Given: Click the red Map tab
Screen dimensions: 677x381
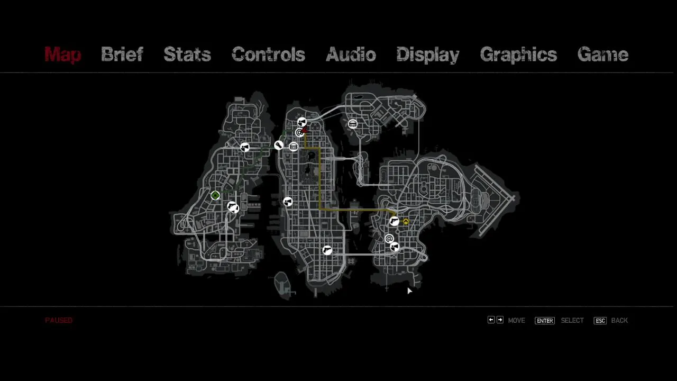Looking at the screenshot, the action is tap(63, 55).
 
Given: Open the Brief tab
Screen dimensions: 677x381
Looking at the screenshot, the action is tap(122, 55).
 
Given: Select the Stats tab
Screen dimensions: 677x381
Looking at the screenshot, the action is tap(187, 55).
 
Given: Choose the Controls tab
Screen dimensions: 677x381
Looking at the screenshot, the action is tap(268, 55).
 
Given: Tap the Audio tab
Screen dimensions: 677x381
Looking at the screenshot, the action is tap(351, 55).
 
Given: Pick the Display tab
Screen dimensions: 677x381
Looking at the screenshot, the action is tap(428, 55).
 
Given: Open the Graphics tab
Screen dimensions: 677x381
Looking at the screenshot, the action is tap(519, 55).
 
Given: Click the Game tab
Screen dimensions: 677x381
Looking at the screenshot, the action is tap(603, 55).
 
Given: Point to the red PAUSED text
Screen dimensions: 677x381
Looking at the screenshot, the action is tap(59, 320).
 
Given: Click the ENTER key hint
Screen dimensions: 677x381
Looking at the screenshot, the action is tap(545, 321).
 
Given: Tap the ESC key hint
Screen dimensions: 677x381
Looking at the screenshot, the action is tap(600, 321).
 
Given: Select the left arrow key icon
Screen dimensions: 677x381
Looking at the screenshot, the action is tap(491, 320).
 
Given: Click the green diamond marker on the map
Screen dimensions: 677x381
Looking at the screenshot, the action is tap(215, 195).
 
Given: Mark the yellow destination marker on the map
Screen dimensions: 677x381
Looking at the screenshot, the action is tap(406, 222).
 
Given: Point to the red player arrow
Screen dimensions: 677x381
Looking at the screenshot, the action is tap(305, 130).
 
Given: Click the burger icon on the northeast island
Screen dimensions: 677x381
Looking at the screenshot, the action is tap(352, 124).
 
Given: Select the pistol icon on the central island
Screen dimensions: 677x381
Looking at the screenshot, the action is tap(327, 250).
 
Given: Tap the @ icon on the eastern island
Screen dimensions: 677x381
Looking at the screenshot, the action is tap(389, 239).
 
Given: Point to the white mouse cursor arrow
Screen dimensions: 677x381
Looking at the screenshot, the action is tap(409, 291).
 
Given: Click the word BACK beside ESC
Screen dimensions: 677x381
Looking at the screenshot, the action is tap(619, 321).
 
